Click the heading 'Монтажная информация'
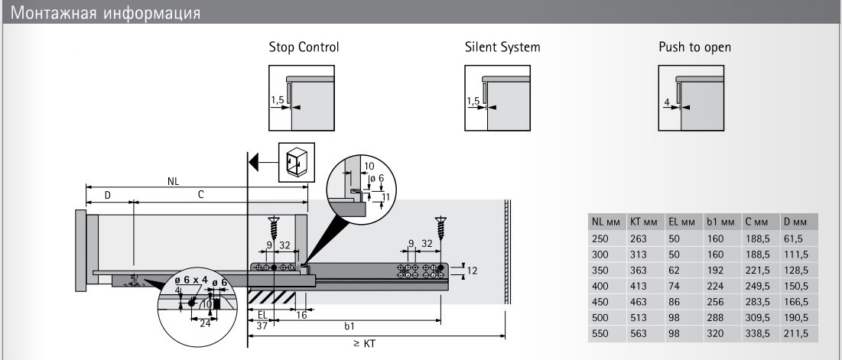(107, 13)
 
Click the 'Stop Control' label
(304, 47)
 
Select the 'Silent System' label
(502, 47)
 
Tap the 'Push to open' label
(694, 47)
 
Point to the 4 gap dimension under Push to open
(667, 102)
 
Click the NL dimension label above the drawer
(174, 182)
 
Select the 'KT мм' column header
(644, 222)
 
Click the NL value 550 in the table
(600, 333)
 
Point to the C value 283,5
(755, 302)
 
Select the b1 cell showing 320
(714, 333)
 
